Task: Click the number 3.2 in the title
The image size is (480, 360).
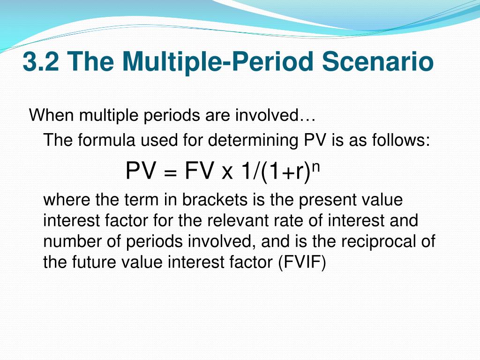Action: tap(41, 61)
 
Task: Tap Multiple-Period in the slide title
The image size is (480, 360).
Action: tap(217, 62)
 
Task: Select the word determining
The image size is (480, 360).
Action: tap(253, 141)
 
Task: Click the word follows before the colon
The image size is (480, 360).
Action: tap(398, 140)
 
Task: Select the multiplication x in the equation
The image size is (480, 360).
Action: tap(227, 173)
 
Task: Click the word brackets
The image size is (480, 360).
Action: tap(215, 200)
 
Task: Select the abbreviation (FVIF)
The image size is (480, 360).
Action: tap(302, 262)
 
